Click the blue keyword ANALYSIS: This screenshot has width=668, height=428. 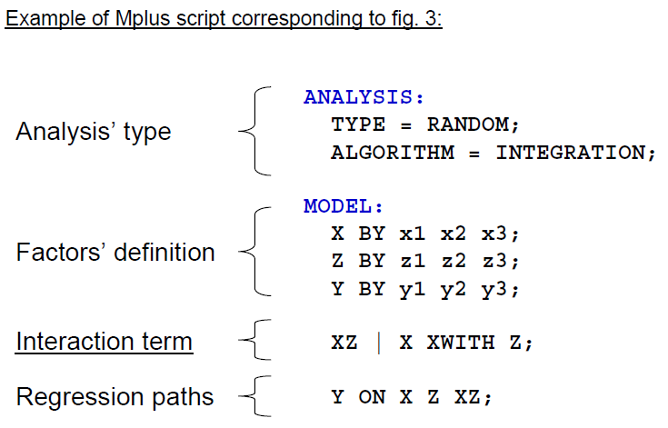[x=364, y=97]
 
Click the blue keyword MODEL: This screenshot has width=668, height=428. [x=344, y=206]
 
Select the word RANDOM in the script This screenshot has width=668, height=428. [x=466, y=124]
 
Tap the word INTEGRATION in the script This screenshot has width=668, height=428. [x=570, y=152]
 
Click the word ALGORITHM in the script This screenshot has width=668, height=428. [x=392, y=152]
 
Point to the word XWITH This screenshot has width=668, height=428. [x=460, y=343]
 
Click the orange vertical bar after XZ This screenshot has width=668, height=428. [x=378, y=343]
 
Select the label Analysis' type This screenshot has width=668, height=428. [x=94, y=132]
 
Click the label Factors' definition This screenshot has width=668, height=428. [x=115, y=252]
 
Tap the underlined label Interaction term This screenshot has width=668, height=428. [x=105, y=342]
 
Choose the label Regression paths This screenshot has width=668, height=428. [x=115, y=396]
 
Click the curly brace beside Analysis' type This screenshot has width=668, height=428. [x=254, y=131]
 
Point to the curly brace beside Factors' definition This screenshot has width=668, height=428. [x=254, y=252]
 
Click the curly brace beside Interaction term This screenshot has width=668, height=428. [x=254, y=343]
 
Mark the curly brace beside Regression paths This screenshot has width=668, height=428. [x=254, y=397]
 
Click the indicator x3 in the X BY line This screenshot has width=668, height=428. [x=495, y=234]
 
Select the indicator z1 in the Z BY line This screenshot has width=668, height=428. [x=413, y=261]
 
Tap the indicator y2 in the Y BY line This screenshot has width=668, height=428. [x=454, y=290]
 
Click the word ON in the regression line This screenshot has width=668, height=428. [x=371, y=397]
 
